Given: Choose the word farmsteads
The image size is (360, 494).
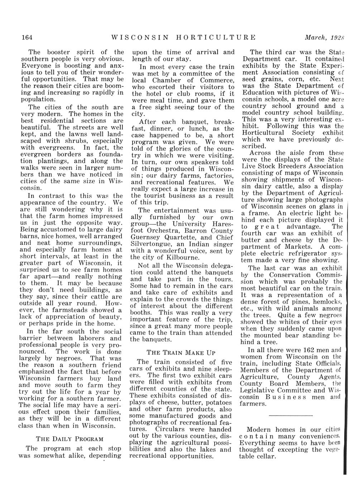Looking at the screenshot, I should point(67,310).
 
